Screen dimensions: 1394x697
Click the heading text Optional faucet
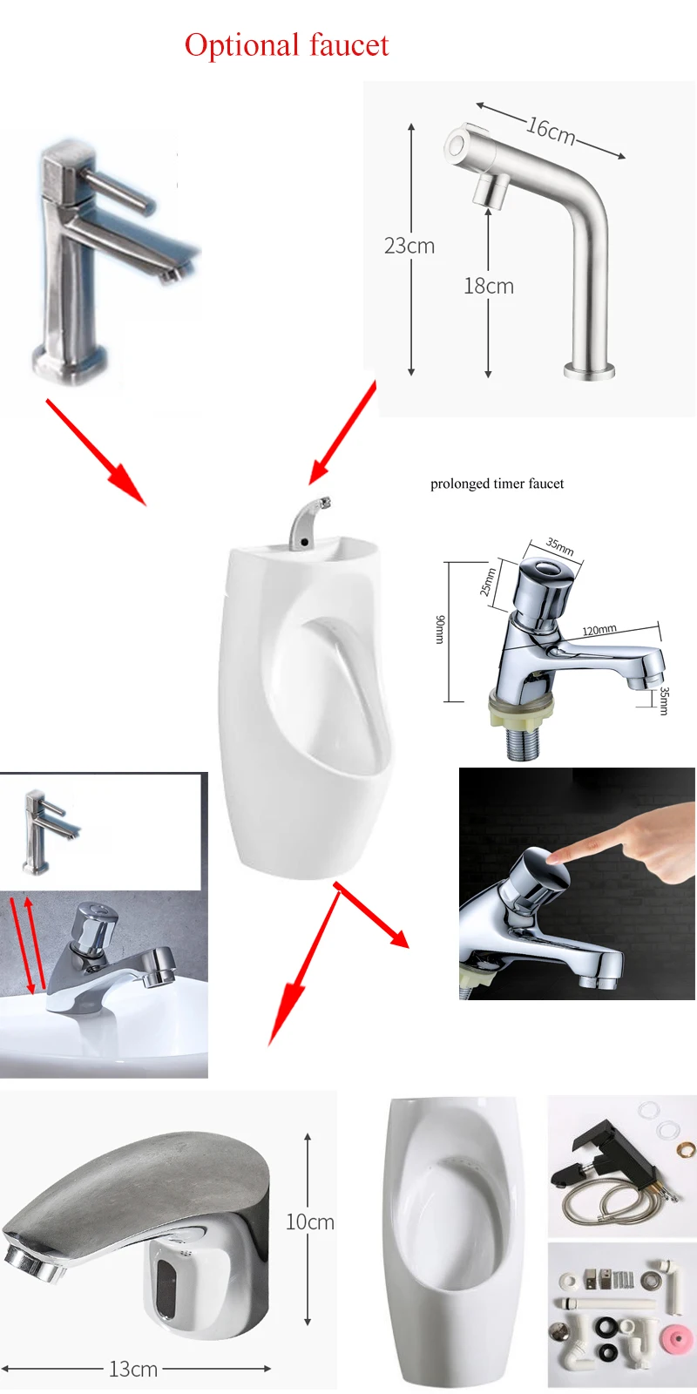(286, 45)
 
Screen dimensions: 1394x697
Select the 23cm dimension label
(409, 246)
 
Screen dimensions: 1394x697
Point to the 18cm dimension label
(488, 286)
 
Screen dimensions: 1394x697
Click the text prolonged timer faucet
(497, 484)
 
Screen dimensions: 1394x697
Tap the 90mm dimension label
(440, 629)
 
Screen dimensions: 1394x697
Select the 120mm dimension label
(599, 629)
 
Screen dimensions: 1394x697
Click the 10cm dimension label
(309, 1222)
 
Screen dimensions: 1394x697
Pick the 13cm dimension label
(133, 1369)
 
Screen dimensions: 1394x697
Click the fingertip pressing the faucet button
(558, 857)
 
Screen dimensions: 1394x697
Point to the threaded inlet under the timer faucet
(522, 742)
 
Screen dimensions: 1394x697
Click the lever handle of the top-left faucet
(117, 192)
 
